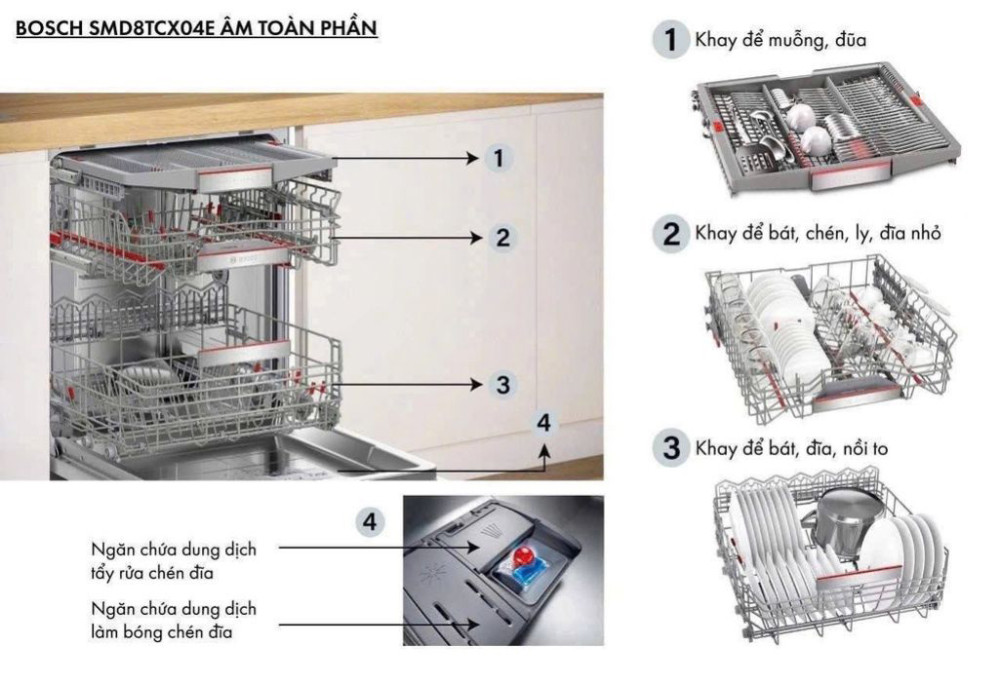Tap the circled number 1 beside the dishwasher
(x=499, y=158)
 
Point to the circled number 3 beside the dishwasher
(x=503, y=384)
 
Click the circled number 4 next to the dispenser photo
(x=371, y=520)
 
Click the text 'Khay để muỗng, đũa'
(x=781, y=41)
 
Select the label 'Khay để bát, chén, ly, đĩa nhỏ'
(x=818, y=233)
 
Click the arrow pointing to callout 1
(x=400, y=158)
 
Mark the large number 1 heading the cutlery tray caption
(x=665, y=41)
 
